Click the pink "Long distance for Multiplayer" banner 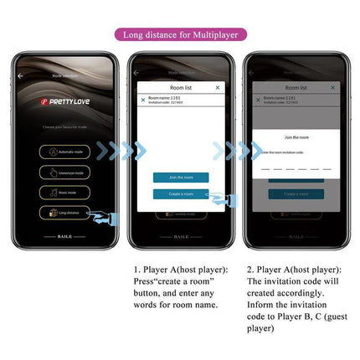[180, 35]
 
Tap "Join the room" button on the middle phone [180, 177]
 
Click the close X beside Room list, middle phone [218, 87]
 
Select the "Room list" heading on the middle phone [180, 87]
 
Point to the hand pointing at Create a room [219, 198]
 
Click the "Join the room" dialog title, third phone [296, 137]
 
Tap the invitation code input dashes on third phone [296, 167]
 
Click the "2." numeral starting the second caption [251, 270]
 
